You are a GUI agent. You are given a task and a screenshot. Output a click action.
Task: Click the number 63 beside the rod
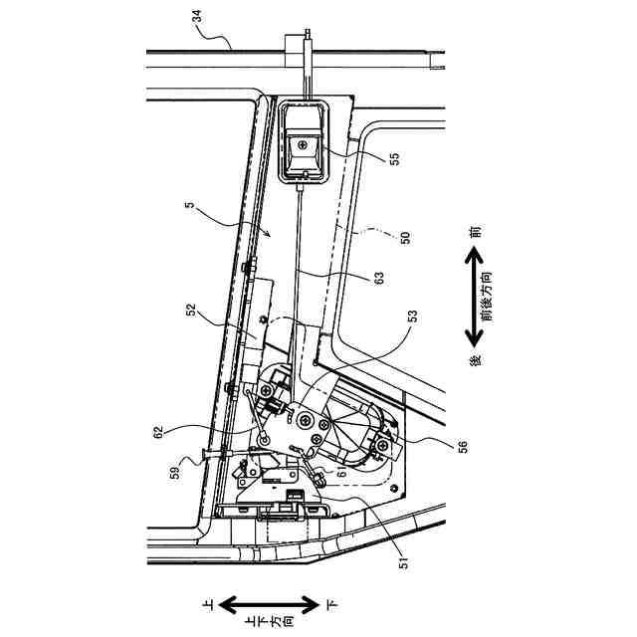coord(378,281)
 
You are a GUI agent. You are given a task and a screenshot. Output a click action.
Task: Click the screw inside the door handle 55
coord(302,146)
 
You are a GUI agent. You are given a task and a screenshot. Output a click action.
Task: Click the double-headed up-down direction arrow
coord(269,604)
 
